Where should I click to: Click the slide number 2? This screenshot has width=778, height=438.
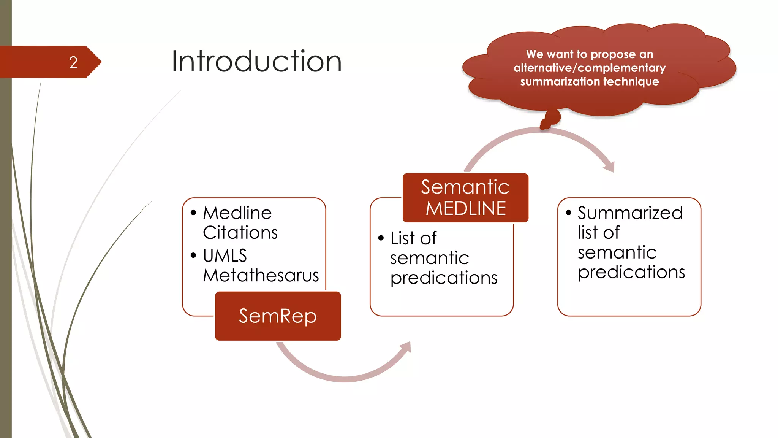point(73,62)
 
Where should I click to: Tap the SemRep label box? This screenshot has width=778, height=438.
point(278,316)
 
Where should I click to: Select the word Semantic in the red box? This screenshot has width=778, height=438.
point(465,187)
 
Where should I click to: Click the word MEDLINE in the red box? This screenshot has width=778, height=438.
point(466,208)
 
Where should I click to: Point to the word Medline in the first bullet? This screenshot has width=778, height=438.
point(237,213)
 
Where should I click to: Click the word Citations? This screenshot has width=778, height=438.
point(240,233)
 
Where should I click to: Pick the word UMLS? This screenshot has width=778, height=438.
point(225,255)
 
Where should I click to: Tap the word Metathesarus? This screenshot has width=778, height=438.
point(261,275)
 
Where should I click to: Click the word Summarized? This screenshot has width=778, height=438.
point(630,213)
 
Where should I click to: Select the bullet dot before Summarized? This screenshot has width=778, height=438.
point(568,213)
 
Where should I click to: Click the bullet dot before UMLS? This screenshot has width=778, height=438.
point(193,255)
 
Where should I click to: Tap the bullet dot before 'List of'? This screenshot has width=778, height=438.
point(381,238)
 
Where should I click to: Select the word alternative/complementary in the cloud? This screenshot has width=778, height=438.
point(590,68)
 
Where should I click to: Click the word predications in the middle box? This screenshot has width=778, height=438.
point(444,278)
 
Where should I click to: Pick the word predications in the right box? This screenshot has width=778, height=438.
point(631,272)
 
